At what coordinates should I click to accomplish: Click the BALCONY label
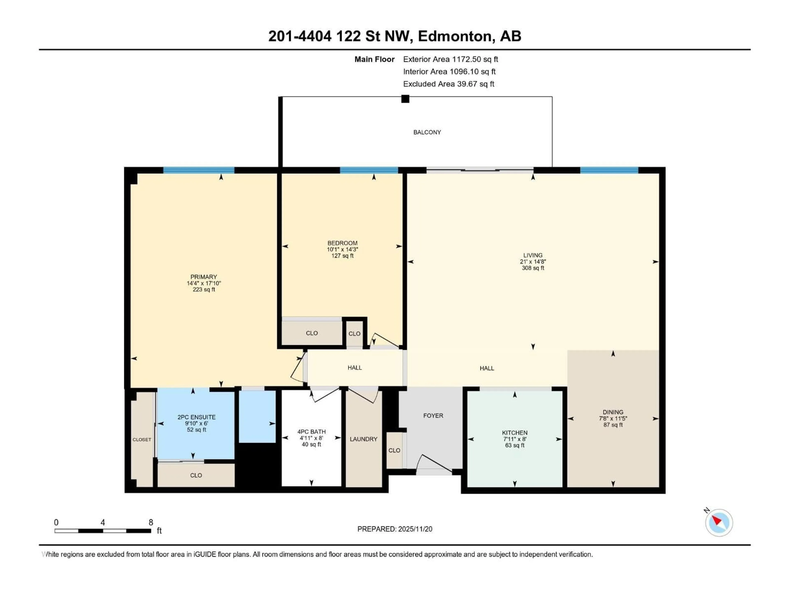tap(427, 132)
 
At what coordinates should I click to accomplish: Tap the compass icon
tap(719, 523)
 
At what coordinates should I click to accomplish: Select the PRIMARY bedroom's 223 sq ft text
tap(204, 289)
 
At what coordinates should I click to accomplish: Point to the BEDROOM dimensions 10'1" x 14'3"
tap(342, 250)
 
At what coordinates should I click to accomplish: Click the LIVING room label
tap(532, 255)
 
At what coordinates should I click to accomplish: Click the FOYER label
tap(433, 416)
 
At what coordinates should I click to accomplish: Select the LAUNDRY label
tap(363, 439)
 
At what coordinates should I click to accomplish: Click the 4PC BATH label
tap(311, 431)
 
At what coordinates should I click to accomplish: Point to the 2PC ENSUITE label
tap(196, 417)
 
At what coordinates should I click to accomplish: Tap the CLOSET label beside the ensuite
tap(142, 440)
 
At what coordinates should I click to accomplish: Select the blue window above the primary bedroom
tap(199, 170)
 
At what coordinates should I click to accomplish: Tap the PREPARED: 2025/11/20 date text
tap(395, 529)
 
